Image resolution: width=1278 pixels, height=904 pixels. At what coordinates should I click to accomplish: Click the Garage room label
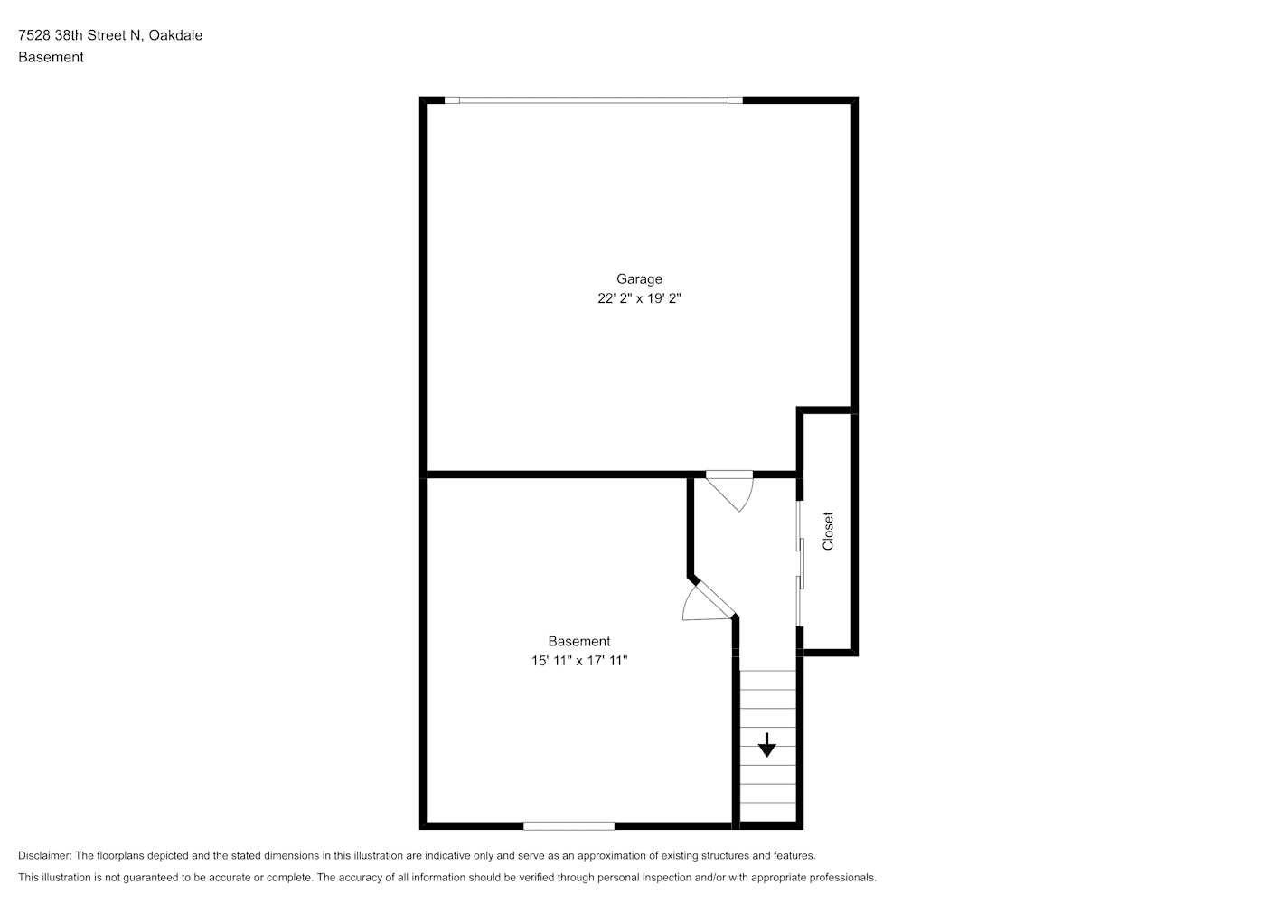tap(639, 279)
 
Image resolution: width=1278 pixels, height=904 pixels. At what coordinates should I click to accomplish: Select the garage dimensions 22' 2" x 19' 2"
tap(639, 298)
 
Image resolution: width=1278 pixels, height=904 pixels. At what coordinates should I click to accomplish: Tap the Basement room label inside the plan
tap(579, 642)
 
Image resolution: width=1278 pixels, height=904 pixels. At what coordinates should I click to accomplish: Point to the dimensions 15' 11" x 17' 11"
tap(579, 661)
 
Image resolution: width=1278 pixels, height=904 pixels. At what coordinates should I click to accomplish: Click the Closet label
tap(828, 531)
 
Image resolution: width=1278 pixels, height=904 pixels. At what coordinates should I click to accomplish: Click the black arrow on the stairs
tap(766, 745)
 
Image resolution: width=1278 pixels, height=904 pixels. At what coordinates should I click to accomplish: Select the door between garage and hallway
tap(729, 491)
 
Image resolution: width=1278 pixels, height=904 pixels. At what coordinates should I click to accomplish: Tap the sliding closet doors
tap(800, 563)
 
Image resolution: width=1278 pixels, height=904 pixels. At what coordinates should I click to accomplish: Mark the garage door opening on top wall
tap(593, 100)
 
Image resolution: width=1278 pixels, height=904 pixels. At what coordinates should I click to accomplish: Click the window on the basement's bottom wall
tap(569, 826)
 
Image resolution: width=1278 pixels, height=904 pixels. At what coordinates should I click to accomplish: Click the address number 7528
tap(34, 35)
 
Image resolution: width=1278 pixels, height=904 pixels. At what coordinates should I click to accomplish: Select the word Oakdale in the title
tap(175, 35)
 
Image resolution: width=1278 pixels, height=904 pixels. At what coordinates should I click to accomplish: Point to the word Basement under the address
tap(51, 57)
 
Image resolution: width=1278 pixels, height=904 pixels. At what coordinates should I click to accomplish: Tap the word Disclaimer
tap(45, 855)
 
